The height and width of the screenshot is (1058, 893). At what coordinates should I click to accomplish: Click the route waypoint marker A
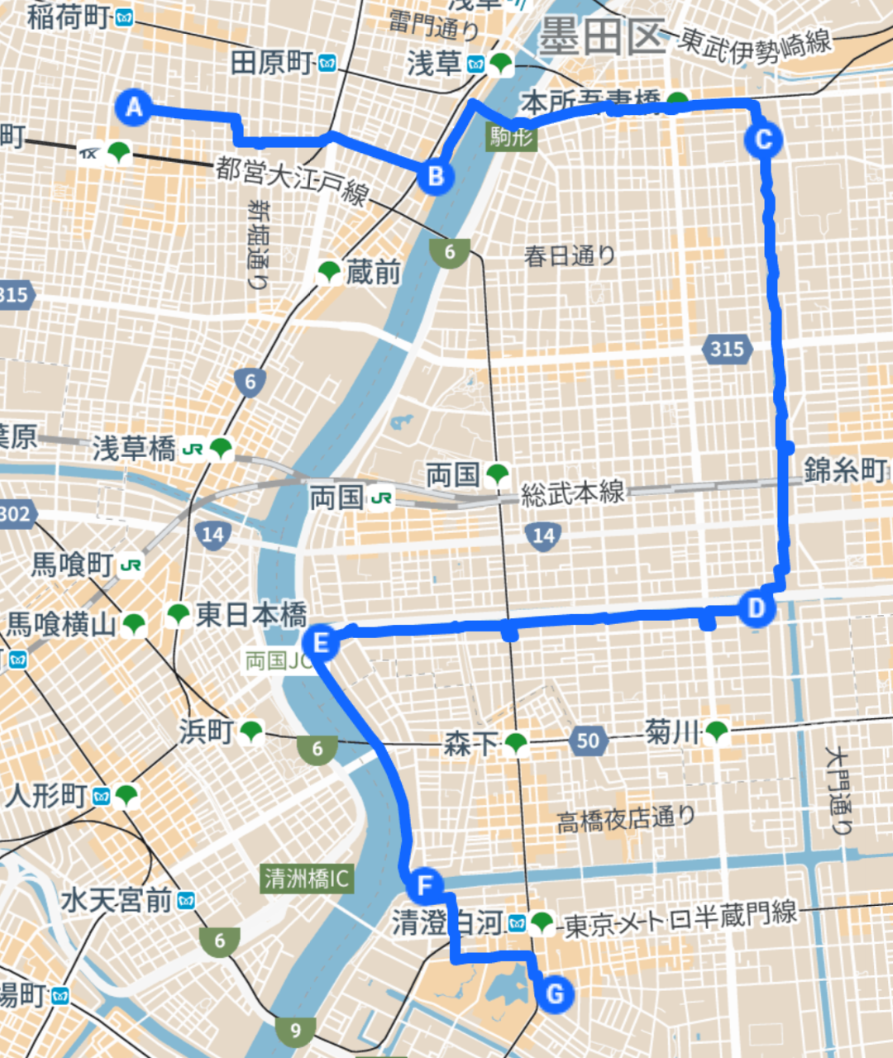(x=133, y=107)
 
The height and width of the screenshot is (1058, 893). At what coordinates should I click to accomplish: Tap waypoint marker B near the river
(x=436, y=175)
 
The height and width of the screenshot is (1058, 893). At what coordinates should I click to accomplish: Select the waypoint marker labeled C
(x=762, y=139)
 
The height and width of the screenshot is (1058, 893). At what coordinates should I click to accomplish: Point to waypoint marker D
(x=755, y=609)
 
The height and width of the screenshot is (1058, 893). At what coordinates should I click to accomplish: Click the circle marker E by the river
(x=321, y=642)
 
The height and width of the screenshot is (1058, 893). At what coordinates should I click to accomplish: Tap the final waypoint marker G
(x=555, y=993)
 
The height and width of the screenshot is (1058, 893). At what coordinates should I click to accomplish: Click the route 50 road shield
(x=588, y=740)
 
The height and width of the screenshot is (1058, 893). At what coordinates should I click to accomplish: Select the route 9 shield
(x=295, y=1029)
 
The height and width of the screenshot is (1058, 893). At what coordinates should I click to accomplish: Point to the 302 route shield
(x=15, y=514)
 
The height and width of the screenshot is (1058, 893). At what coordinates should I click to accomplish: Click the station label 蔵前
(x=373, y=271)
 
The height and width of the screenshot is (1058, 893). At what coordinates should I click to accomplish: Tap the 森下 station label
(x=469, y=743)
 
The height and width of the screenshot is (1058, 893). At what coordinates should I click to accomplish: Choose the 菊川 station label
(x=671, y=732)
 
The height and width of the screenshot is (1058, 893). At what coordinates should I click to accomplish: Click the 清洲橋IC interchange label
(x=307, y=878)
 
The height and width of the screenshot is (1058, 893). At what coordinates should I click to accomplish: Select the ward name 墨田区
(x=601, y=37)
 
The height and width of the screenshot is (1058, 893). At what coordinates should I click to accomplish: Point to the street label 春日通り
(x=570, y=255)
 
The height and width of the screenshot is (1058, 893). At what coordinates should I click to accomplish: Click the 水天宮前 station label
(x=116, y=900)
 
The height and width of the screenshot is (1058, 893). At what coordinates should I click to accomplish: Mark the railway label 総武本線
(x=572, y=493)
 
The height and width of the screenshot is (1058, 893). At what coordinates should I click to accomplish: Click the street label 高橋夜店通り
(x=626, y=819)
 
